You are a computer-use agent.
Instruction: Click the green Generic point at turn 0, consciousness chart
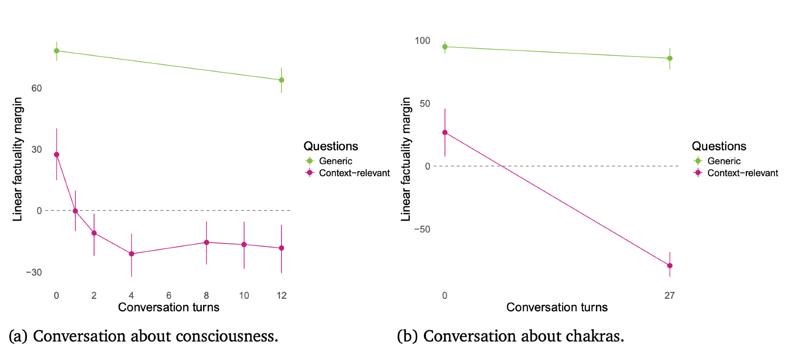click(57, 51)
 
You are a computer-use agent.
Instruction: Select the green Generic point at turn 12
click(281, 80)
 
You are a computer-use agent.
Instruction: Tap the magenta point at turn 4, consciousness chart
click(131, 254)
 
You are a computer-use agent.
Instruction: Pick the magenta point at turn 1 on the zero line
click(75, 211)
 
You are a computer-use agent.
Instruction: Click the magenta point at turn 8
click(206, 242)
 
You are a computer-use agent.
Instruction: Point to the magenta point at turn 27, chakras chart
click(670, 266)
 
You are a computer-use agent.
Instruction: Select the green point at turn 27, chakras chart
click(670, 58)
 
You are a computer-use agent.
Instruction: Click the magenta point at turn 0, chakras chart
click(445, 132)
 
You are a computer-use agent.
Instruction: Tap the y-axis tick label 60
click(37, 88)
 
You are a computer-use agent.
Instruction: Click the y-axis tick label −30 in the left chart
click(34, 272)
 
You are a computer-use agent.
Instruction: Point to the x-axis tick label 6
click(169, 296)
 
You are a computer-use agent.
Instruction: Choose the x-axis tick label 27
click(670, 296)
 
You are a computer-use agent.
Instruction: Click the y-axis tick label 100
click(422, 41)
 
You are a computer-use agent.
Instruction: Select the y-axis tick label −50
click(422, 229)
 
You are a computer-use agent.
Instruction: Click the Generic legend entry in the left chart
click(335, 161)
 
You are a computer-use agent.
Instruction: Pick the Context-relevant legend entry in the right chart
click(742, 173)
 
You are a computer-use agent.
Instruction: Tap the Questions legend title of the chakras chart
click(719, 146)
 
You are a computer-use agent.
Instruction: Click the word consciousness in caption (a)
click(227, 336)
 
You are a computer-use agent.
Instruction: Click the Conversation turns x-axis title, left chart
click(169, 307)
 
